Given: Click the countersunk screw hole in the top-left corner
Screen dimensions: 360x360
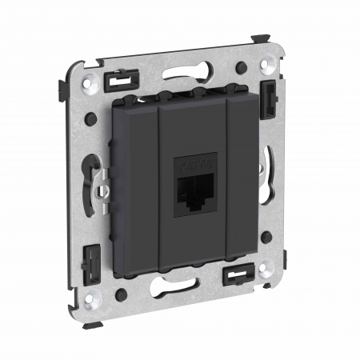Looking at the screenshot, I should [88, 79].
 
